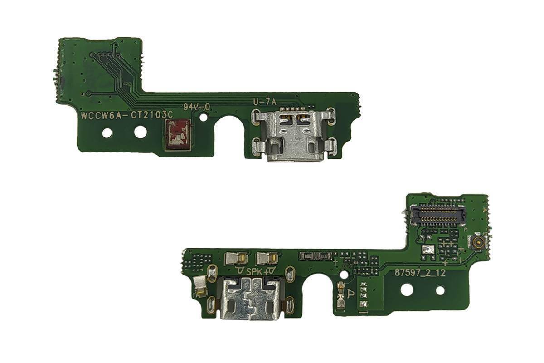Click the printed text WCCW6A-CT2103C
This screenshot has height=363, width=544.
coord(126,115)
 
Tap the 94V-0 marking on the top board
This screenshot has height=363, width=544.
coord(196,107)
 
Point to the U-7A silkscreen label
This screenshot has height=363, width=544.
coord(265,103)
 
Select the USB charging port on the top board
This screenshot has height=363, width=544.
coord(294,135)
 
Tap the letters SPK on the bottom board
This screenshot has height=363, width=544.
coord(254,272)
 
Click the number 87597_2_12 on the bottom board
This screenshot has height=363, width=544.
coord(420,273)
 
